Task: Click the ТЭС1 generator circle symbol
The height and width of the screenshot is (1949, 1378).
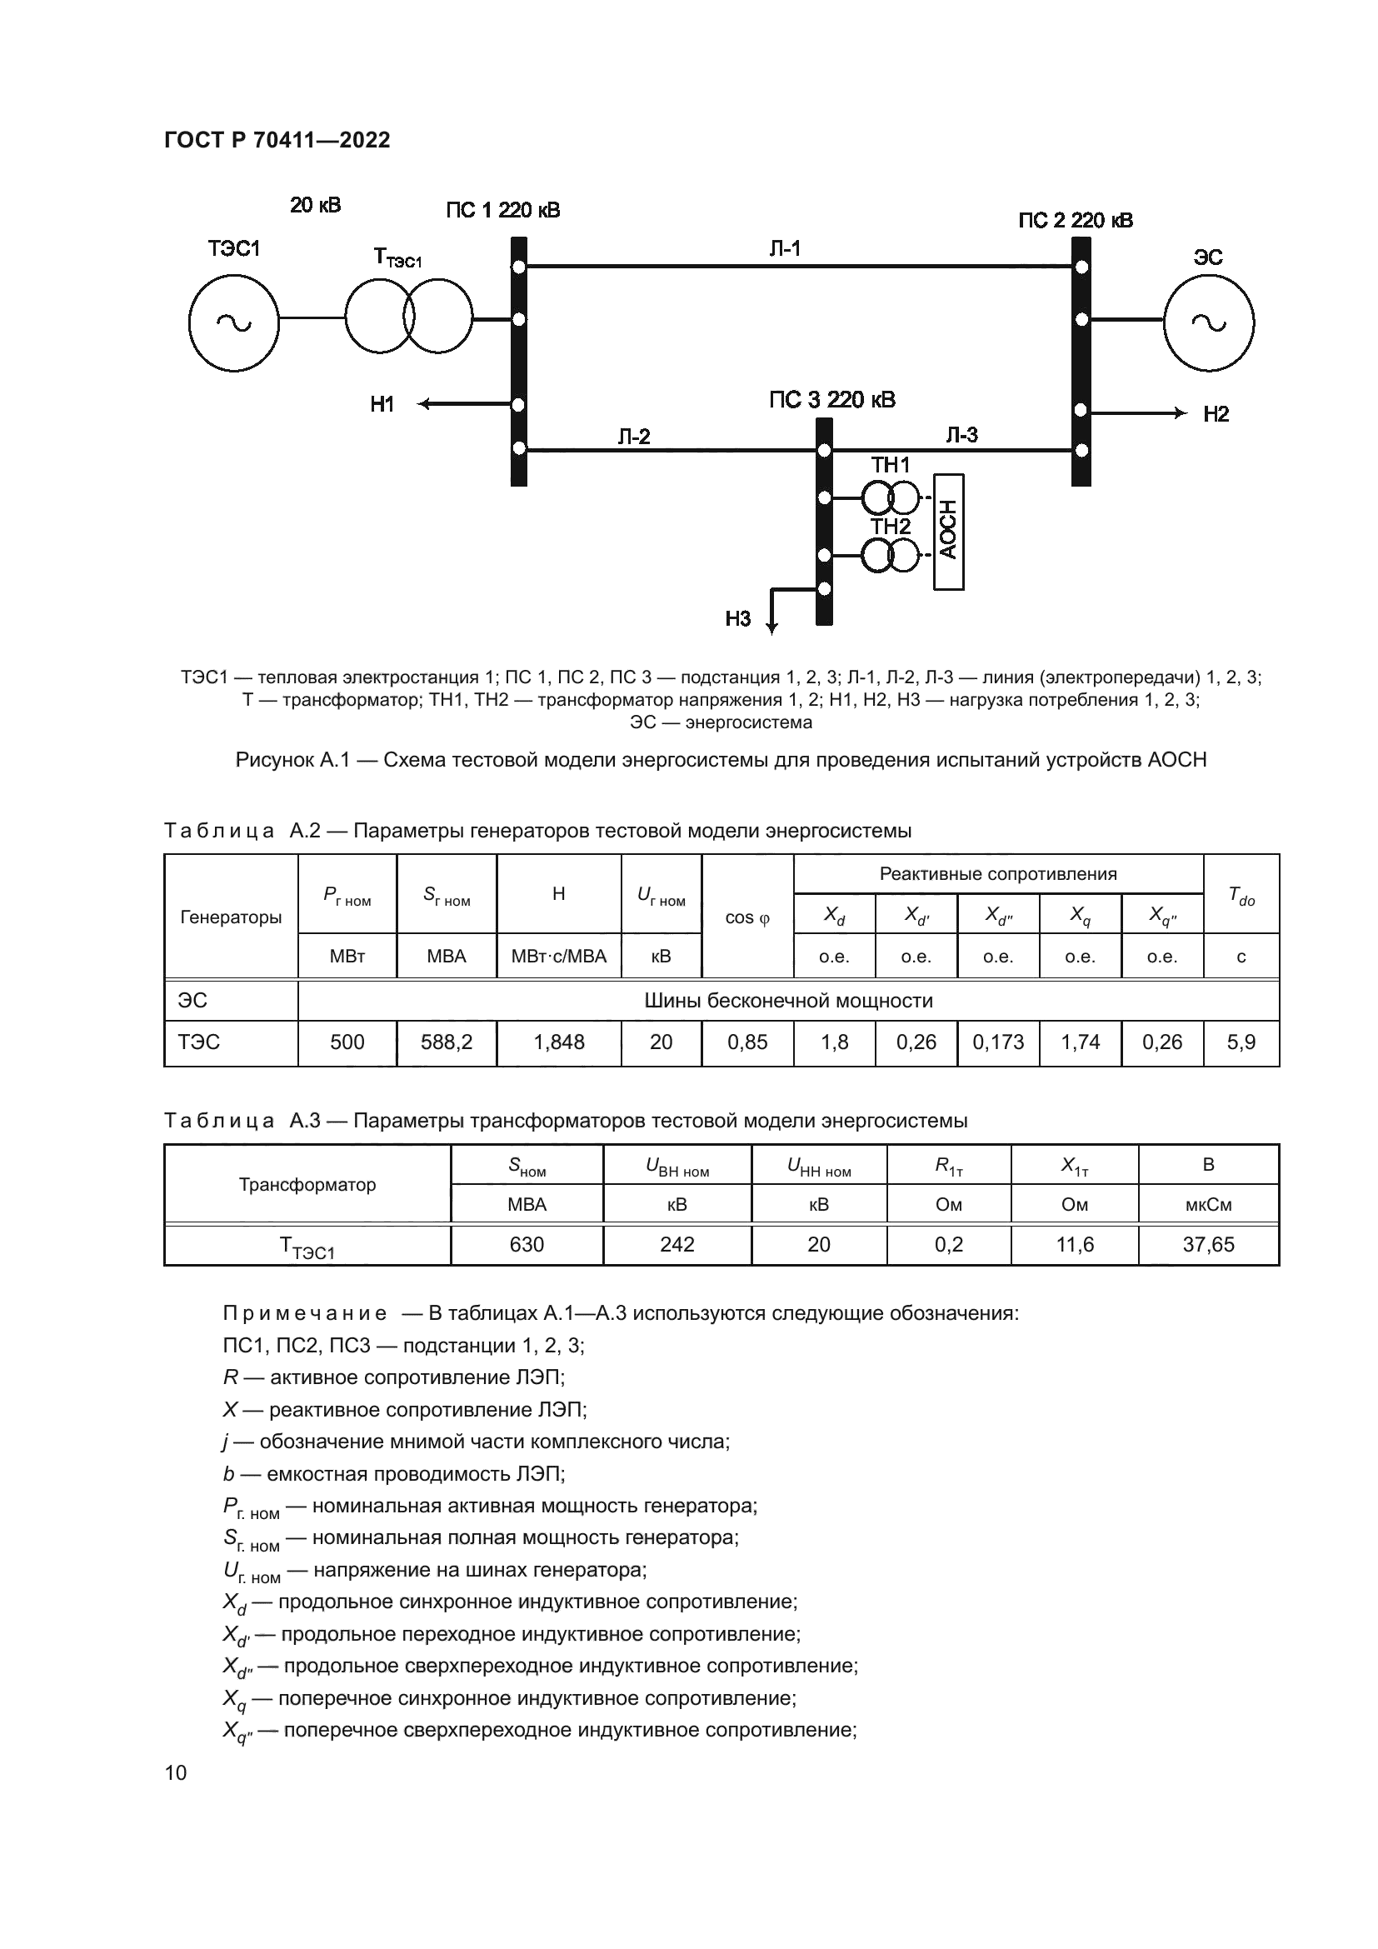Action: pyautogui.click(x=233, y=322)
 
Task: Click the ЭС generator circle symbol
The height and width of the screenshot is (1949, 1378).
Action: pyautogui.click(x=1208, y=322)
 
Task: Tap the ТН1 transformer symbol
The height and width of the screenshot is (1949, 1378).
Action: pyautogui.click(x=890, y=497)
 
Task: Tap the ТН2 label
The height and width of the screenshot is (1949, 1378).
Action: pyautogui.click(x=890, y=527)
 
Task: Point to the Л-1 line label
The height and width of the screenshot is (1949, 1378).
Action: pyautogui.click(x=784, y=248)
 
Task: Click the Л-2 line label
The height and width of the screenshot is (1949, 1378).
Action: pyautogui.click(x=633, y=437)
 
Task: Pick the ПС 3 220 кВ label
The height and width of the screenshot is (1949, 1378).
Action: pyautogui.click(x=831, y=400)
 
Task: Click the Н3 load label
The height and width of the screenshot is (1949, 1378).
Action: pyautogui.click(x=737, y=619)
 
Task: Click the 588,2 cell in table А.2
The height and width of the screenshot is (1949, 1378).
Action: pyautogui.click(x=447, y=1042)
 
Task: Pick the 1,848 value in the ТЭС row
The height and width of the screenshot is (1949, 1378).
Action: pyautogui.click(x=558, y=1042)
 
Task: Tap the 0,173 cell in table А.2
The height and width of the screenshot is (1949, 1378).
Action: pyautogui.click(x=998, y=1042)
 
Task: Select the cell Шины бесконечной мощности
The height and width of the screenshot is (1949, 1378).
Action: pyautogui.click(x=788, y=1001)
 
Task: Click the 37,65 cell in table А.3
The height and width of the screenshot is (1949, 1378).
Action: pyautogui.click(x=1207, y=1245)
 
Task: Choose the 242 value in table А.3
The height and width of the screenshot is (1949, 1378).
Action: pyautogui.click(x=677, y=1245)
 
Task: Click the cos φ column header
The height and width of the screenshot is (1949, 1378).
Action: pyautogui.click(x=746, y=917)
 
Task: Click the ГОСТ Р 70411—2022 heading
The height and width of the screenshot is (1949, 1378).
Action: pyautogui.click(x=277, y=140)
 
